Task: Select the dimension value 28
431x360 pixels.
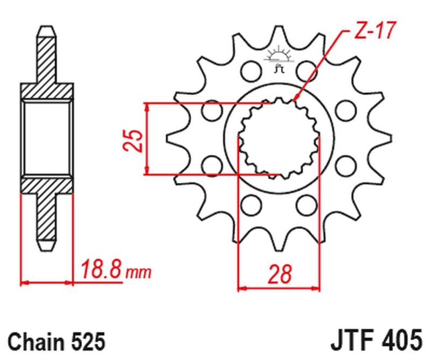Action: (279, 274)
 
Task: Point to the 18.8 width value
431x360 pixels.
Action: (101, 268)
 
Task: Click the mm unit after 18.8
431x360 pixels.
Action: (138, 272)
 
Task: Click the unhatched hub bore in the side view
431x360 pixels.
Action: (47, 137)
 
